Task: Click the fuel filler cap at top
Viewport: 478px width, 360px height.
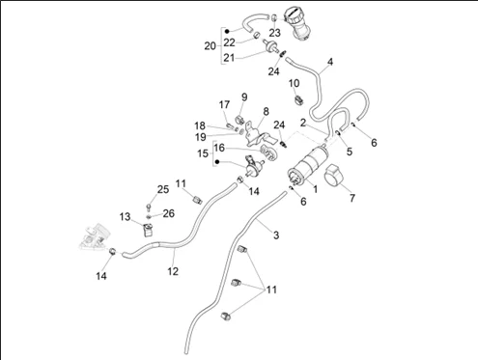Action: point(296,23)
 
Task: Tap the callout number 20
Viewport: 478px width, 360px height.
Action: point(210,46)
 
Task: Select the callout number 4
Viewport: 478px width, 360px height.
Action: point(330,62)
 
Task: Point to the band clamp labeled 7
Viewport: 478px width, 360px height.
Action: point(334,176)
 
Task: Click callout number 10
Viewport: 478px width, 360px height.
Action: point(294,83)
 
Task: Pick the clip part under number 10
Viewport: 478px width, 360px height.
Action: point(299,99)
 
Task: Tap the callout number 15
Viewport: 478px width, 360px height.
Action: point(203,153)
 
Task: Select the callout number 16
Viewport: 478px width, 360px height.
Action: point(219,148)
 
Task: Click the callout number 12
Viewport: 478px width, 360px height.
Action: point(173,271)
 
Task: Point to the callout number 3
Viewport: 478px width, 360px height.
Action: point(276,235)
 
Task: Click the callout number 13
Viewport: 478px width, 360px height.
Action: point(125,216)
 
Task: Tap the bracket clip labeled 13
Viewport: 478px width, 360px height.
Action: point(148,230)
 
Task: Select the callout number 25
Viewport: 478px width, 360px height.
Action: point(163,189)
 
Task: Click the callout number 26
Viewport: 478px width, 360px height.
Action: point(169,213)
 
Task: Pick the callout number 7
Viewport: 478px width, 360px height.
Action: point(352,198)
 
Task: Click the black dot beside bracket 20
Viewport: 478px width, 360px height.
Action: point(227,31)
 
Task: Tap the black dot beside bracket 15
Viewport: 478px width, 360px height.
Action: point(217,162)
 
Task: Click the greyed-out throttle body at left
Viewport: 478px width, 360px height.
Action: point(93,237)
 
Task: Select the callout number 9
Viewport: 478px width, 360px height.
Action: point(244,97)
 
